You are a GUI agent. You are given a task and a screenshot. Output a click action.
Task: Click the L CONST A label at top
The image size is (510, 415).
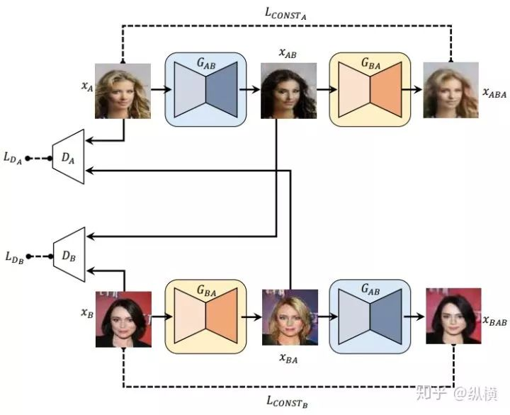[x=285, y=13]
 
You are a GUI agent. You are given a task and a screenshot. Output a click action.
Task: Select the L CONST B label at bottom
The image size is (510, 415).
[x=287, y=402]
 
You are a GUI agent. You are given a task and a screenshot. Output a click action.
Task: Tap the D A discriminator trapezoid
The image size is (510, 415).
[x=68, y=157]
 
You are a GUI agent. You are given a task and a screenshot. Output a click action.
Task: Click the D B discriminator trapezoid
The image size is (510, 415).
[x=69, y=254]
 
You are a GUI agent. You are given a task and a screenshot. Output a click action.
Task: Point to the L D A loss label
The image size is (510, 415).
[x=13, y=158]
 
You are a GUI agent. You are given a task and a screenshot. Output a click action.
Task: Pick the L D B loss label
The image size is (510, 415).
[x=15, y=257]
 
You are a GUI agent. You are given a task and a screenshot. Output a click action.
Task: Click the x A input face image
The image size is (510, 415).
[x=123, y=91]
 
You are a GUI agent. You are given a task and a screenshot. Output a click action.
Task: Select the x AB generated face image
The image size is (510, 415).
[x=288, y=91]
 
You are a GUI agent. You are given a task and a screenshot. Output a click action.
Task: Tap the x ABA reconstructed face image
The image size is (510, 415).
[x=450, y=90]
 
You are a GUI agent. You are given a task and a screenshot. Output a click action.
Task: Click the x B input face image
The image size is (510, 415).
[x=123, y=319]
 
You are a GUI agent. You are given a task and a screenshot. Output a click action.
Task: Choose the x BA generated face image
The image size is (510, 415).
[x=290, y=317]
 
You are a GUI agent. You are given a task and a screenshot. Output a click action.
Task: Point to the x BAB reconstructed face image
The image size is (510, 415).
[x=453, y=316]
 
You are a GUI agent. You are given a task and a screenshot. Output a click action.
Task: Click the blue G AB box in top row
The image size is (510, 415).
[x=205, y=89]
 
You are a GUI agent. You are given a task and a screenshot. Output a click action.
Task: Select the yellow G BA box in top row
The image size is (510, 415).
[x=370, y=89]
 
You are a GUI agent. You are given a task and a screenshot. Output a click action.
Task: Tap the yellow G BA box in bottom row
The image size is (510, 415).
[x=205, y=316]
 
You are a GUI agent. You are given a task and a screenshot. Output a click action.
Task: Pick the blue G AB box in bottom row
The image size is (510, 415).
[x=370, y=316]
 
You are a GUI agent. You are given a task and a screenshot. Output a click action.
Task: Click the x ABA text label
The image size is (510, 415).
[x=494, y=93]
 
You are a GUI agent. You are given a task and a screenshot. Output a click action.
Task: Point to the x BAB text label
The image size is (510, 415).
[x=494, y=321]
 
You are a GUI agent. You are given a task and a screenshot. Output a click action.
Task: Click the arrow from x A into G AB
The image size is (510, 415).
[x=161, y=89]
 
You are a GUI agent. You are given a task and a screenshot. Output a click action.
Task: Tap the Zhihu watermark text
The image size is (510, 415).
[x=457, y=393]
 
